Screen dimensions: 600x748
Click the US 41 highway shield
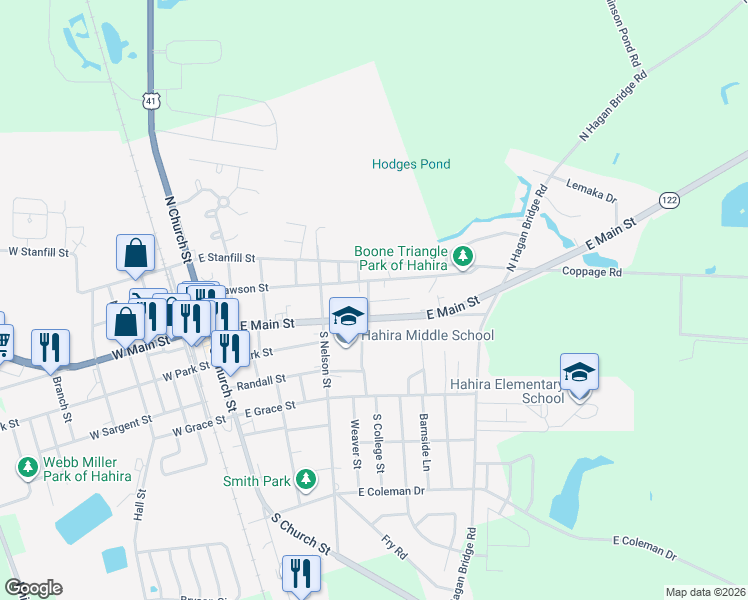150,102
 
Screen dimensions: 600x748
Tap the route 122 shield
667,201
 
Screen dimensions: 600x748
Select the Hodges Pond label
411,164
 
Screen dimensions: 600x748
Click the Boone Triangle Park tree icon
463,257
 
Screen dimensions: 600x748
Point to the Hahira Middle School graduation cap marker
348,317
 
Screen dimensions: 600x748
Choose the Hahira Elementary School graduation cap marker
579,372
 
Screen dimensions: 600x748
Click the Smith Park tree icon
306,481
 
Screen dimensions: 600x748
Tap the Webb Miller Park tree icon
27,467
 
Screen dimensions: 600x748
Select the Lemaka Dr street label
592,191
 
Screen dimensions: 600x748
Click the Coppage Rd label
591,272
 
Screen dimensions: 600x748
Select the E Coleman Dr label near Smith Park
392,491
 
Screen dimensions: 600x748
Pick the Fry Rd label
394,546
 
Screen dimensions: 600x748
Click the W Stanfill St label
40,253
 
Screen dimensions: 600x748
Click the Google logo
33,588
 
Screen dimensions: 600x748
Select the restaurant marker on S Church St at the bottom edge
300,574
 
